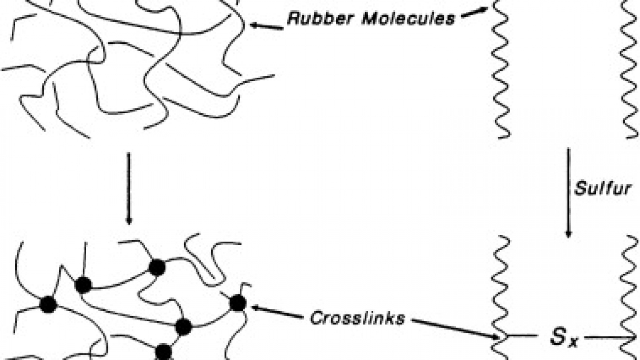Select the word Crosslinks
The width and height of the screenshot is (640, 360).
(x=357, y=318)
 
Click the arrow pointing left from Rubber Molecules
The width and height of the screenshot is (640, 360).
(x=267, y=26)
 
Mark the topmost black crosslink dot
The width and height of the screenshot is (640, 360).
(x=157, y=268)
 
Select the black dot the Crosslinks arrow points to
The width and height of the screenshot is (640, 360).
(x=238, y=303)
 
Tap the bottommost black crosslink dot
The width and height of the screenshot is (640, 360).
(x=163, y=352)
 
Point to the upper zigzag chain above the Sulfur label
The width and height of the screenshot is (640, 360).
(x=630, y=69)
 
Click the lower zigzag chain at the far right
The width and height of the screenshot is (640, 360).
(x=630, y=295)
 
